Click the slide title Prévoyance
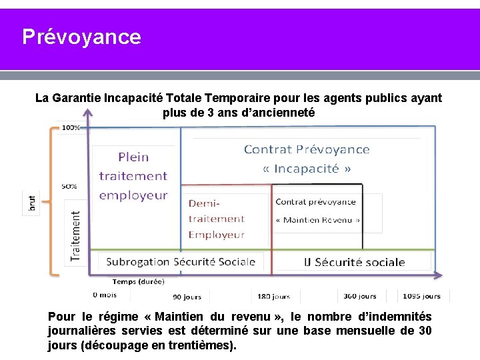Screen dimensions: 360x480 [81, 37]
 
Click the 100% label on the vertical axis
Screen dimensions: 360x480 [70, 127]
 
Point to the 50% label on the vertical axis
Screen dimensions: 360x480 [69, 187]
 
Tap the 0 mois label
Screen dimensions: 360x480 [105, 295]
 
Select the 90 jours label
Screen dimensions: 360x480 [187, 297]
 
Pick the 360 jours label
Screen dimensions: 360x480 [361, 296]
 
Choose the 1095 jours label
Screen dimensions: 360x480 [421, 296]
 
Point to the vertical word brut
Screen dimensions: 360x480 [32, 204]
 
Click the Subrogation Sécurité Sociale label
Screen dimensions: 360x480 [181, 261]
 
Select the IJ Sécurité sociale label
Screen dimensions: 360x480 [354, 262]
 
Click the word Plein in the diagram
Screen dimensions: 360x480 [133, 157]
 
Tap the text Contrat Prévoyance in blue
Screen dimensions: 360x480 [307, 149]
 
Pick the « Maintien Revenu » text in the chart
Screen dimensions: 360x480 [318, 220]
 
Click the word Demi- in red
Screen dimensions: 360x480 [204, 203]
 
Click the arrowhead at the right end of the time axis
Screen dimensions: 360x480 [438, 274]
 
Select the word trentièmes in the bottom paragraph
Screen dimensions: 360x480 [194, 346]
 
